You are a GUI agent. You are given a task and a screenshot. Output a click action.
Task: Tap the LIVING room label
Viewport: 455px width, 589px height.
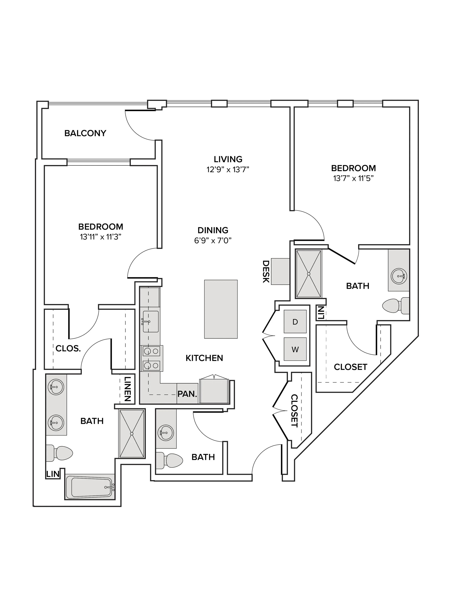pos(228,159)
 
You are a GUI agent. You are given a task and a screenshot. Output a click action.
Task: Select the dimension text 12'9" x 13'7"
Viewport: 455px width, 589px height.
pos(228,170)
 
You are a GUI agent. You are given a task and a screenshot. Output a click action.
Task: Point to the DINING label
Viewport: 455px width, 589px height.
pos(213,230)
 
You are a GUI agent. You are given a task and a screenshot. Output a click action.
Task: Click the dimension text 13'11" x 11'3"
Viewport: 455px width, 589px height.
pos(101,237)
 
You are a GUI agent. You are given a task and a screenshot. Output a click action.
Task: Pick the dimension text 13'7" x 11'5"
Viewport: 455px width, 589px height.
pos(353,178)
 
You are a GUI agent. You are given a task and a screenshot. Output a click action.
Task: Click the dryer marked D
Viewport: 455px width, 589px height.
pos(295,321)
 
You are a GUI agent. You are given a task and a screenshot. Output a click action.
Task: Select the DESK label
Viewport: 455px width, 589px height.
pos(266,271)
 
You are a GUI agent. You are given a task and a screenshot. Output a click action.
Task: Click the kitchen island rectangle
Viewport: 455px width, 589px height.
pos(221,309)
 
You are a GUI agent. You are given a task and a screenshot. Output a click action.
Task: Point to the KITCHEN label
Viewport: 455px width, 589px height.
pos(204,358)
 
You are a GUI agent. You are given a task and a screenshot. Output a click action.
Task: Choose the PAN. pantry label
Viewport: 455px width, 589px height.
pos(187,394)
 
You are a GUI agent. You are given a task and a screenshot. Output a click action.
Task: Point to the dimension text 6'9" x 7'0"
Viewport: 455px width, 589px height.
pos(213,240)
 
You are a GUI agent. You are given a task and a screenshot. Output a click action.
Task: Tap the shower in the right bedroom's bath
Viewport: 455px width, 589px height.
pos(309,274)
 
